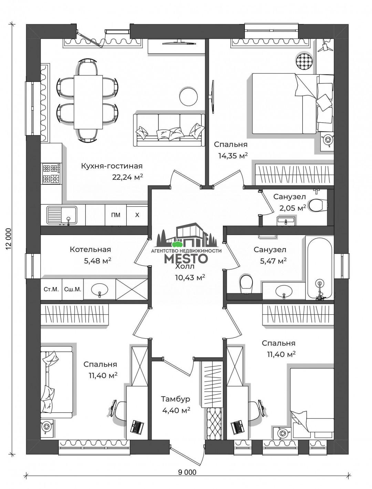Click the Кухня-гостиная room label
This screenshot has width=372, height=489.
coord(112,166)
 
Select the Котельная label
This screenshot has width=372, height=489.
coord(90,249)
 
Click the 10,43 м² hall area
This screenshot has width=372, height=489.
coord(190,277)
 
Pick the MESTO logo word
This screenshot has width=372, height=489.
coord(186,258)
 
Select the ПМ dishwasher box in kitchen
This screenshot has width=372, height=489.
coord(116,215)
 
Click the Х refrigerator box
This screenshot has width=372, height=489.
coord(137,215)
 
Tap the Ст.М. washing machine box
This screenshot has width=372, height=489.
coord(51,289)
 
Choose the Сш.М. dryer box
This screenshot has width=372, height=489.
coord(73,289)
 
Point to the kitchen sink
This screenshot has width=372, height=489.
coord(62,215)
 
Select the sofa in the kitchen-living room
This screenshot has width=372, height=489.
coord(169,130)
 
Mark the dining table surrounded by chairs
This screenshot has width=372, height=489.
coord(88,102)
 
